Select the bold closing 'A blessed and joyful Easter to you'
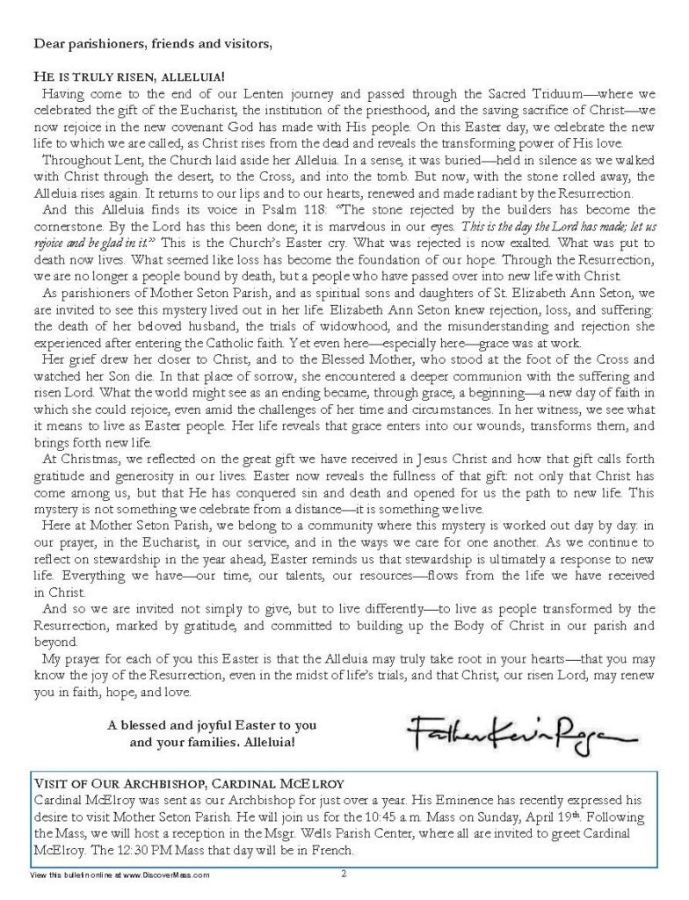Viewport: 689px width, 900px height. click(x=212, y=726)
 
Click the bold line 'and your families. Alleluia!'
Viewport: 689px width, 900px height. click(x=213, y=743)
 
